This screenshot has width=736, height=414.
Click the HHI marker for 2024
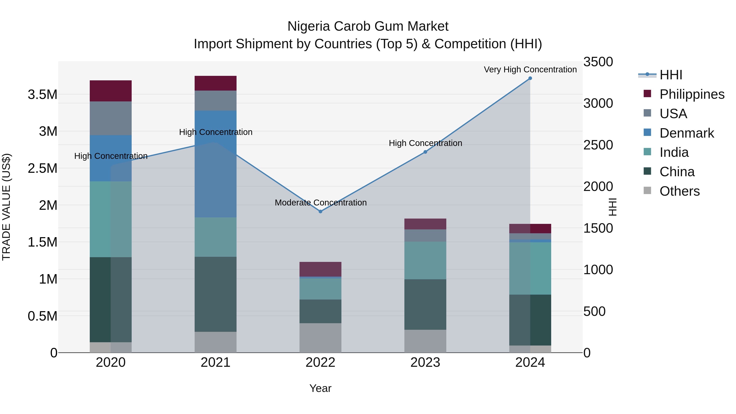[530, 78]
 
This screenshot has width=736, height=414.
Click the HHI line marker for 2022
[320, 211]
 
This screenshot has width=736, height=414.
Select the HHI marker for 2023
[425, 152]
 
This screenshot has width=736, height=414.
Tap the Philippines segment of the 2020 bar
[111, 91]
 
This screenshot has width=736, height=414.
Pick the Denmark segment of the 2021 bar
[215, 164]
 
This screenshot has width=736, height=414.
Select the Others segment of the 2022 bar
[320, 338]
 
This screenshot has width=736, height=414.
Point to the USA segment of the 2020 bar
[111, 118]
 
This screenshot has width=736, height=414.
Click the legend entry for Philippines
[692, 94]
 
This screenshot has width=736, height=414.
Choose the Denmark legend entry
[687, 133]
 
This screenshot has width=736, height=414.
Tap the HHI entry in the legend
[671, 75]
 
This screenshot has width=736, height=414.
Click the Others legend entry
[679, 191]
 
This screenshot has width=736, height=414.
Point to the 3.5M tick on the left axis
[42, 95]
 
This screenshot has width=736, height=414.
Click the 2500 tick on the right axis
[598, 145]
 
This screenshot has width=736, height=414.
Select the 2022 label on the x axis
[320, 362]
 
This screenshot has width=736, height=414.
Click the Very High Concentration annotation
[530, 70]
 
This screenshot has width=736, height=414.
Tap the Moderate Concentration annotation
[321, 203]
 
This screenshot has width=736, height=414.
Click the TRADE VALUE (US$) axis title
[6, 207]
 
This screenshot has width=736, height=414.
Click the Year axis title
[320, 388]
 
